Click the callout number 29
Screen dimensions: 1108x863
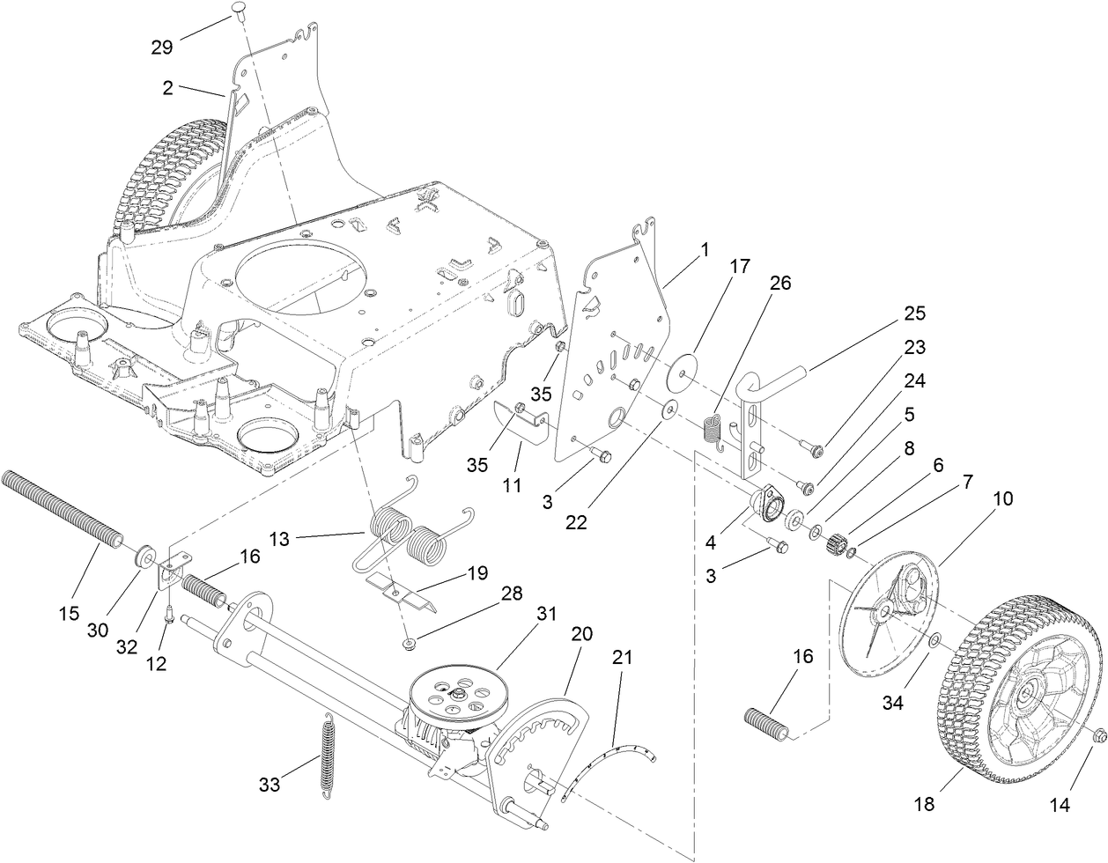161,48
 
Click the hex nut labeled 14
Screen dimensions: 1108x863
1098,735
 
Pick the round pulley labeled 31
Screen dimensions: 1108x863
454,691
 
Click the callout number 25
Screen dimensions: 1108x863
914,314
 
